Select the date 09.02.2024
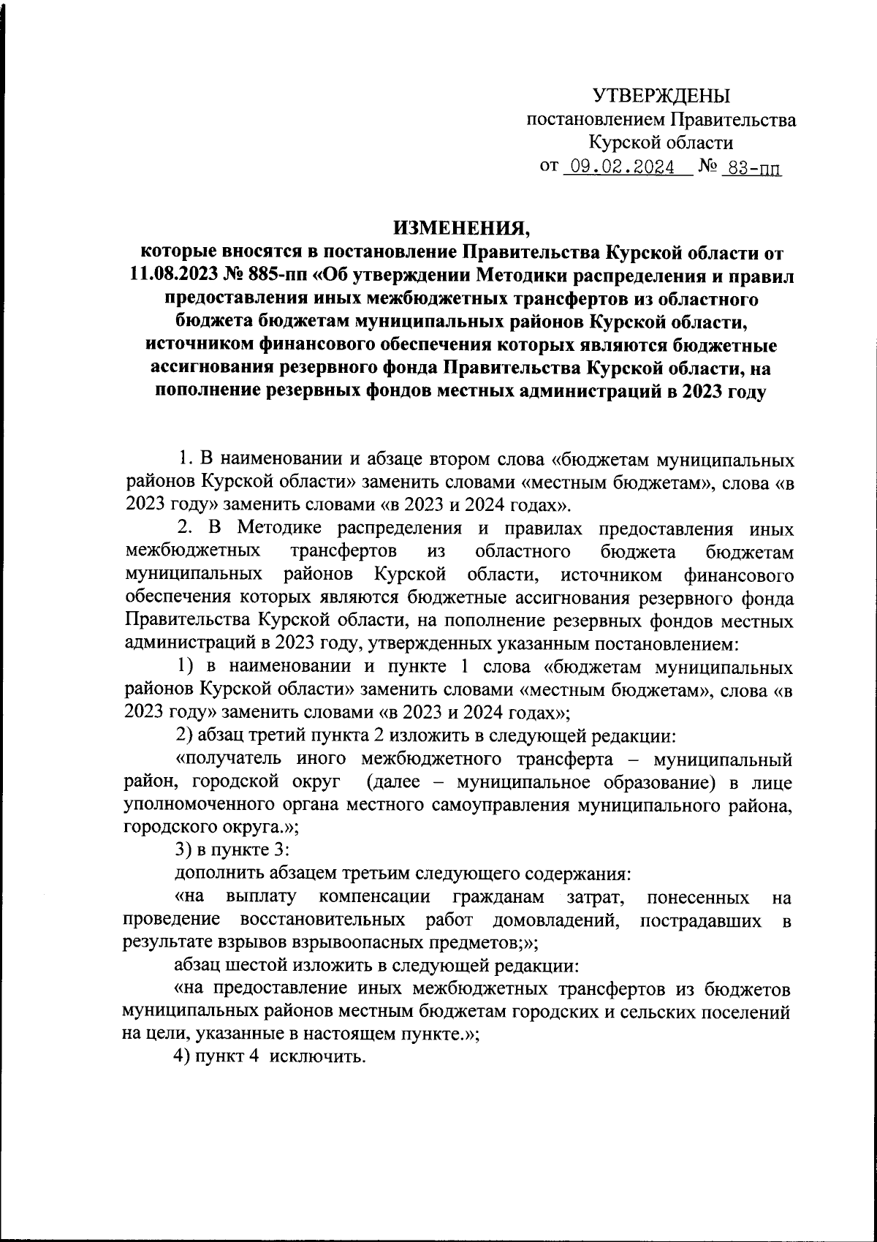[622, 168]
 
